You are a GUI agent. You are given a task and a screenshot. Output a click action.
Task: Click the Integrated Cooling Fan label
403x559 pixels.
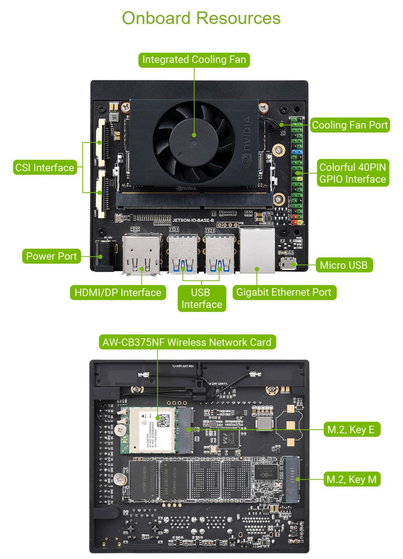click(194, 60)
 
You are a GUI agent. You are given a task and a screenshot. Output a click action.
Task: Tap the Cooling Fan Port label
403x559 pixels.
click(349, 125)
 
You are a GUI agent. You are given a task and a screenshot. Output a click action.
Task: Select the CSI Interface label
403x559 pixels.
click(45, 168)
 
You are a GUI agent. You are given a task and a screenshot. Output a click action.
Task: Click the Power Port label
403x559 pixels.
click(51, 256)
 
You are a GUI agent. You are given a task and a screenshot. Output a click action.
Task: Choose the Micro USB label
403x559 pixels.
click(344, 265)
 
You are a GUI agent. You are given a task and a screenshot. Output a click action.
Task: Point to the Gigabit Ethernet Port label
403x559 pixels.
click(284, 292)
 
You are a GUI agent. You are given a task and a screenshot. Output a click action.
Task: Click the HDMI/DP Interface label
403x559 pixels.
click(118, 292)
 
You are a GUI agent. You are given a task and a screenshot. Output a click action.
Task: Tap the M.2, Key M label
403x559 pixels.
click(351, 479)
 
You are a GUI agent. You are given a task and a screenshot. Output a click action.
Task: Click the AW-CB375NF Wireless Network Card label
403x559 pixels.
click(187, 342)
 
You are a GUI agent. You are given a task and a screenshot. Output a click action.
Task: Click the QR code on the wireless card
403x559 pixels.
click(163, 421)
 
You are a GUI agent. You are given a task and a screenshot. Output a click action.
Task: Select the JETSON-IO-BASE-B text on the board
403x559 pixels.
click(193, 220)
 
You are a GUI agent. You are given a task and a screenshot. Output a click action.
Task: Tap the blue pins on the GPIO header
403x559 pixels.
click(297, 152)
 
